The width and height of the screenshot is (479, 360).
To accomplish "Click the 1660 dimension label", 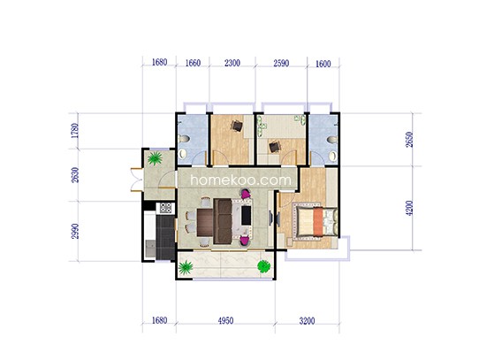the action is [193, 63].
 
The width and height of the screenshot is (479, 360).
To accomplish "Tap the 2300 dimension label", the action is [232, 63].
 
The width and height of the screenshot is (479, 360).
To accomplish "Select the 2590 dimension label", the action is [281, 64].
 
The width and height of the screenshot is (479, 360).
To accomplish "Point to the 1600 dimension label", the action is [323, 64].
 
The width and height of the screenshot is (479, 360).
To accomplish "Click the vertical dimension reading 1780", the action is [75, 131].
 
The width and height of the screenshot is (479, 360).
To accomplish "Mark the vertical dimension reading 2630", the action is [75, 175].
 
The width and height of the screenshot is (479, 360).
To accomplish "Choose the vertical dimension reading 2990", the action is [75, 231].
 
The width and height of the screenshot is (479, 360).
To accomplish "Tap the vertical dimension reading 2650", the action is [409, 140].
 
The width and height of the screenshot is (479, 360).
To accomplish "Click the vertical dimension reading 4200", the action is [409, 208].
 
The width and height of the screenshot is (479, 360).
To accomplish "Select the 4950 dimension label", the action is [225, 320].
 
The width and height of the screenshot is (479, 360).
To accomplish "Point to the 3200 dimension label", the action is [307, 321].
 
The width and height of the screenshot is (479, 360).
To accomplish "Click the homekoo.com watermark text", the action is [241, 180].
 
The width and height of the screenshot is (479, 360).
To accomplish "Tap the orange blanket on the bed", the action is [318, 222].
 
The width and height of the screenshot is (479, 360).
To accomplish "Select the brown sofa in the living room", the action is [223, 221].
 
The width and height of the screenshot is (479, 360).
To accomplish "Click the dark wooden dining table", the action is [205, 222].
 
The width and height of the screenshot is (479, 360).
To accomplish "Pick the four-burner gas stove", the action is [165, 208].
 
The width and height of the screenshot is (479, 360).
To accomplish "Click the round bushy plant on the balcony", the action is [263, 266].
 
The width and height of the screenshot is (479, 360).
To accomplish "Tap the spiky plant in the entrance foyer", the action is [155, 158].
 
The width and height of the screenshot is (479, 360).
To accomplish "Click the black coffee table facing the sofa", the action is [247, 215].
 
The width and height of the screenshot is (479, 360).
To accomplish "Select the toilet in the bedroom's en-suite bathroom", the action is [331, 140].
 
